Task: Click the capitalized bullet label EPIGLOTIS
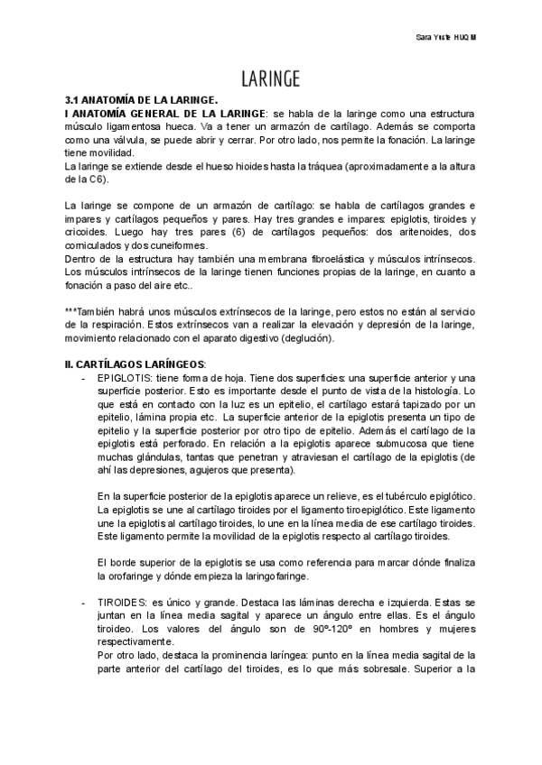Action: click(125, 378)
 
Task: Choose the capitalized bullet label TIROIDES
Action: click(122, 599)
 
